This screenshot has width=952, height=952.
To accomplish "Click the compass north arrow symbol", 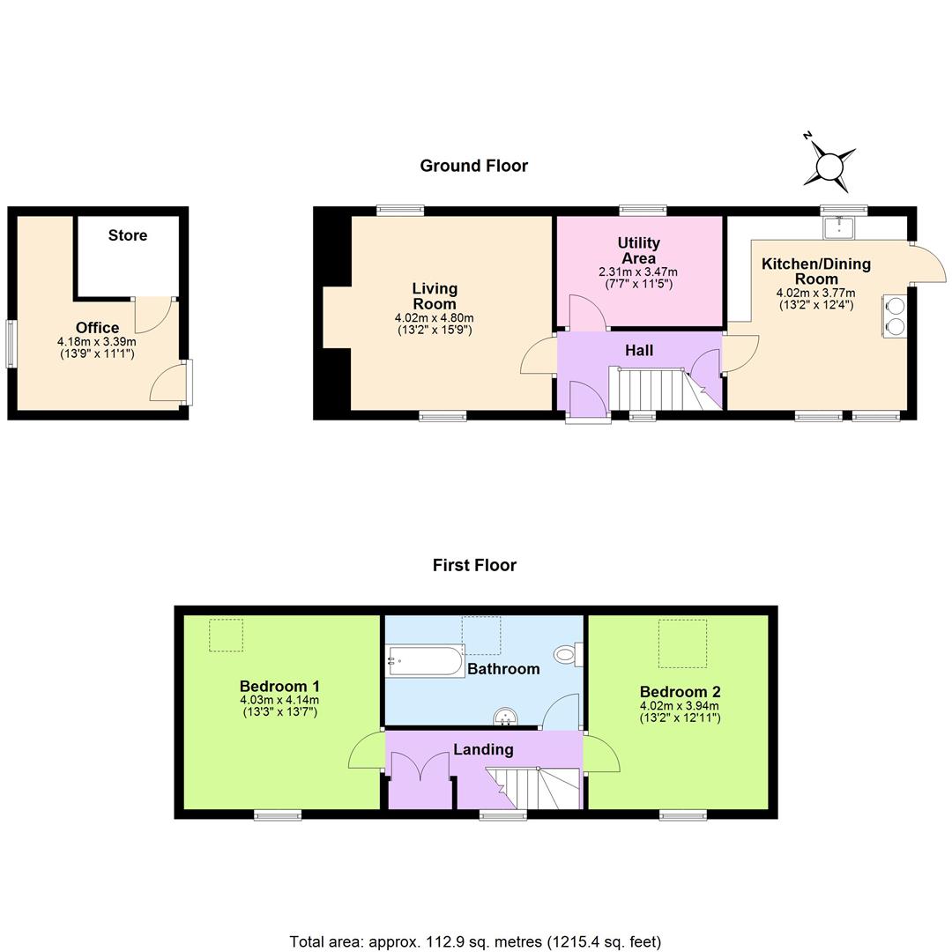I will (829, 164).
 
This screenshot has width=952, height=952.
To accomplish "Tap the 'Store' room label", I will (128, 235).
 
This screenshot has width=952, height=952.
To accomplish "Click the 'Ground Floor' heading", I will (473, 166).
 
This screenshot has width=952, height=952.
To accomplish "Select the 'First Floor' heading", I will (474, 565).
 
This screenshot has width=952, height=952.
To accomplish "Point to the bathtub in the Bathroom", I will (426, 660).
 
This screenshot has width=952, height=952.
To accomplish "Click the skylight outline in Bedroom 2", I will (682, 643).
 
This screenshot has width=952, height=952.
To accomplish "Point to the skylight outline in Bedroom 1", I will (226, 635).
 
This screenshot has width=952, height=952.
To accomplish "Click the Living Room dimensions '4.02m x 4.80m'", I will (435, 318).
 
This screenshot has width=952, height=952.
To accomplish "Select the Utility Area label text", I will (638, 250).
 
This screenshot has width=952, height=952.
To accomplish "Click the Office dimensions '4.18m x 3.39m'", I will (97, 342).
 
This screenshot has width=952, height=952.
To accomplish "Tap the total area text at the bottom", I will (475, 941).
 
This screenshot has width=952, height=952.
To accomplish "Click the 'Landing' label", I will (483, 749).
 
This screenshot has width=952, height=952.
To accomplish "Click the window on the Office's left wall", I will (11, 343).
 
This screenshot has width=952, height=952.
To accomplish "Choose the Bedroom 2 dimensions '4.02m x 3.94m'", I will (680, 706).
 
